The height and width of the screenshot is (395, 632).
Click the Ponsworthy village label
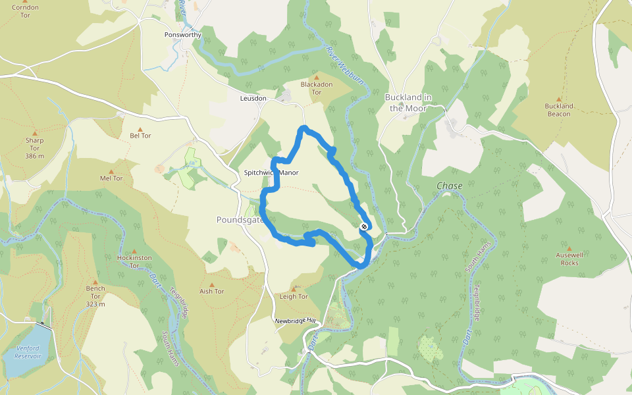tap(182, 34)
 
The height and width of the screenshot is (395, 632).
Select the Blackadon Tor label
tap(316, 88)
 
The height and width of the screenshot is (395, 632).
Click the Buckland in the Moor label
tap(408, 102)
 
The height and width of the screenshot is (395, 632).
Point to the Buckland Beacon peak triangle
tap(559, 98)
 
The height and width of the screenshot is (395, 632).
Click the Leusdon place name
tap(253, 98)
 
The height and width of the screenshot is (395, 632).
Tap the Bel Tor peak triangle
tap(140, 129)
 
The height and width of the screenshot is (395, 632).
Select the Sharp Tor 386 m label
tap(34, 147)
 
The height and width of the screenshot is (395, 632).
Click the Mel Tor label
tap(111, 178)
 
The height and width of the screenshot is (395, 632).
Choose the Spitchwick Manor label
tap(271, 172)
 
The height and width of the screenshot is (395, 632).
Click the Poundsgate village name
tap(240, 220)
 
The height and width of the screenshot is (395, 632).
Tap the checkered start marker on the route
tap(364, 227)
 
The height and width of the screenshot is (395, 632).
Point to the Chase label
tap(450, 186)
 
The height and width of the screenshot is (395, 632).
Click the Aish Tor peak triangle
tap(211, 283)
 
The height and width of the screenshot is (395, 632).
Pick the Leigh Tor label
tap(294, 296)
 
